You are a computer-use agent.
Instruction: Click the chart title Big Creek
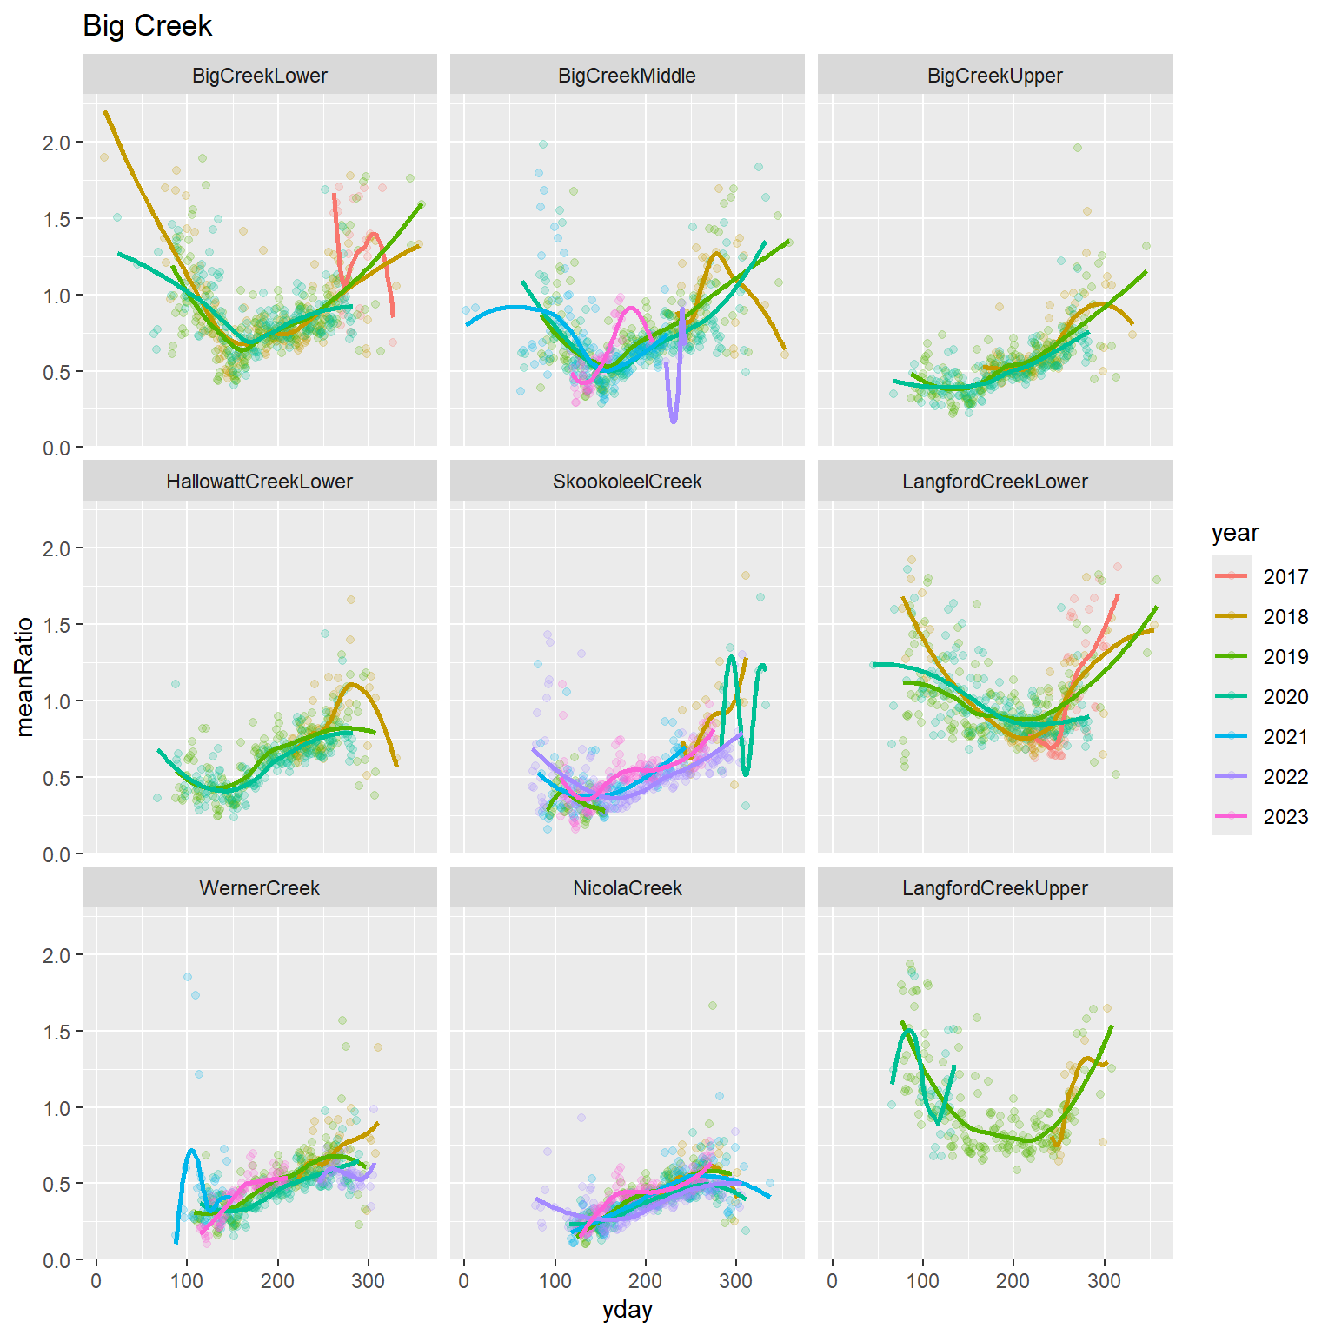tap(147, 26)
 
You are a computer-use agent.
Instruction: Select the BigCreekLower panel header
tap(259, 76)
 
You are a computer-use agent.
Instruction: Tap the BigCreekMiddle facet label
tap(627, 76)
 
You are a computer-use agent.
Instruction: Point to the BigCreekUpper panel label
tap(994, 76)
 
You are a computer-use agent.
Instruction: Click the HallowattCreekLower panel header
tap(259, 482)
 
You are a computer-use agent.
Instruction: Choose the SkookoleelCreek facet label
tap(627, 482)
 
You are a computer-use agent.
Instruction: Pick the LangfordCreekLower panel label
tap(994, 482)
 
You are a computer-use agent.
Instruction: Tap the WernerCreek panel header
tap(259, 888)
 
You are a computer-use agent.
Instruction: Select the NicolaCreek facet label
tap(627, 888)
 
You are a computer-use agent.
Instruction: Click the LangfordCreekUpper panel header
tap(994, 888)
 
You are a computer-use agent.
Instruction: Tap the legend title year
tap(1234, 533)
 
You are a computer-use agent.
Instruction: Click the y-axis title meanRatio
tap(24, 676)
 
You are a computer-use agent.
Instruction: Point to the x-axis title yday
tap(627, 1310)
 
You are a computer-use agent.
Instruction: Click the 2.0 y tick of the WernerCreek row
tap(56, 955)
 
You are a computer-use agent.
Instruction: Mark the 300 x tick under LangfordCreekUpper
tap(1104, 1281)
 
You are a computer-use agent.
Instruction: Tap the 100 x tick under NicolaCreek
tap(555, 1281)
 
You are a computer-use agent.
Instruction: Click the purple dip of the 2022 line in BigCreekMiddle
tap(674, 420)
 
